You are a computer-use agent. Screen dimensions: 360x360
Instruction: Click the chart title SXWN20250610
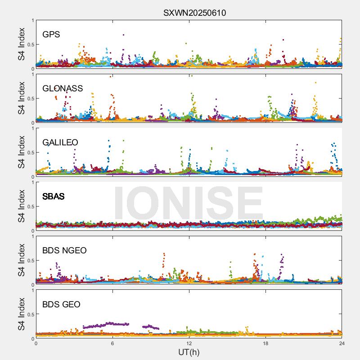pyautogui.click(x=194, y=13)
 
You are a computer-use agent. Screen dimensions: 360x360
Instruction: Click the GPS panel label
pyautogui.click(x=51, y=34)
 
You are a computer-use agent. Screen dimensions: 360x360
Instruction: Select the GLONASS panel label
pyautogui.click(x=63, y=88)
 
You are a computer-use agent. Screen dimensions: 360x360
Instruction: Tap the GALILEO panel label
pyautogui.click(x=60, y=142)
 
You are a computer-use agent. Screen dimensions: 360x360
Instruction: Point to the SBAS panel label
pyautogui.click(x=53, y=196)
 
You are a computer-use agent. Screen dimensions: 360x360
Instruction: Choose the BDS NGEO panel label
pyautogui.click(x=64, y=250)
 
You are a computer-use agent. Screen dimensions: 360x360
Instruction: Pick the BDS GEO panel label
pyautogui.click(x=61, y=305)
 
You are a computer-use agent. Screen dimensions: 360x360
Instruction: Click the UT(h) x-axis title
pyautogui.click(x=189, y=351)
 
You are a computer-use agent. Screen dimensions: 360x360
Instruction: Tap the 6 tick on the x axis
pyautogui.click(x=112, y=343)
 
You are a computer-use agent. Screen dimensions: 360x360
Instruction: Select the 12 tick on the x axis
pyautogui.click(x=189, y=343)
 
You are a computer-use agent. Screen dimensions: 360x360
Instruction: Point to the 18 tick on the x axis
pyautogui.click(x=265, y=343)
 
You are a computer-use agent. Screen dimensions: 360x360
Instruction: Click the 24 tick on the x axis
pyautogui.click(x=342, y=343)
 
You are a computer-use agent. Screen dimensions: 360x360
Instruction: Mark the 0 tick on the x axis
pyautogui.click(x=36, y=343)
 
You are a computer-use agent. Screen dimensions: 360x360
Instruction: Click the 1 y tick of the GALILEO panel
pyautogui.click(x=32, y=128)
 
